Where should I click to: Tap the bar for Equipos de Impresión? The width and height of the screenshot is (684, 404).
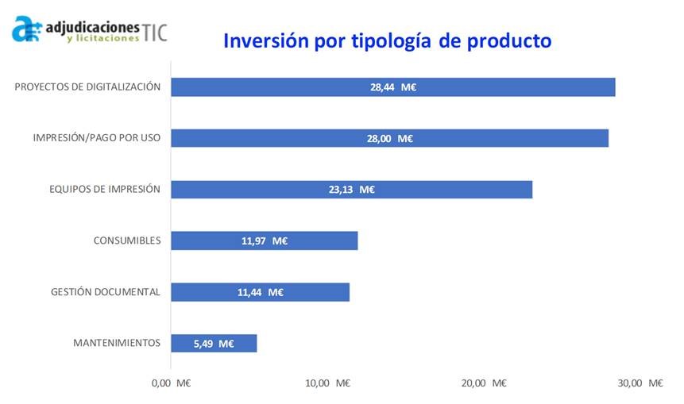445,190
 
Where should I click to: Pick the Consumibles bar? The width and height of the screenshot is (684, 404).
318,240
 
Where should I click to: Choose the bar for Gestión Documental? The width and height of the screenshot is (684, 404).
318,292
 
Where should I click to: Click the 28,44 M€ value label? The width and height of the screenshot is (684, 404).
393,87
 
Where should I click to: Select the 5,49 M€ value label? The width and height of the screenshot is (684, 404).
214,344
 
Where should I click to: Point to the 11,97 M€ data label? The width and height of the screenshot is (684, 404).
264,240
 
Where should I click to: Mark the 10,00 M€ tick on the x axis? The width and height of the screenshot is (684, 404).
327,383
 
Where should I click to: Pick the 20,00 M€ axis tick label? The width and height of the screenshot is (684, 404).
484,383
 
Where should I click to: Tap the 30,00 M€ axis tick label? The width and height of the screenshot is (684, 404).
640,383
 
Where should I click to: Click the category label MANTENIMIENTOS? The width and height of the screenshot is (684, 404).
117,343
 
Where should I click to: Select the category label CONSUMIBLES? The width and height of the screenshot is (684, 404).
127,240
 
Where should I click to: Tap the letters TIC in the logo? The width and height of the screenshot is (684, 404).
156,32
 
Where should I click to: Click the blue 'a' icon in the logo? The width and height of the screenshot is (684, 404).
25,29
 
